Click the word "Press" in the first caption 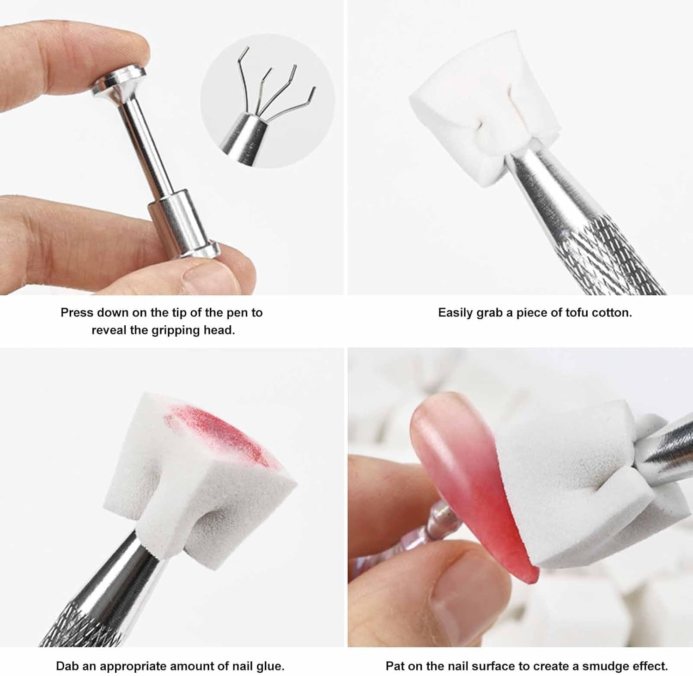[76, 313]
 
